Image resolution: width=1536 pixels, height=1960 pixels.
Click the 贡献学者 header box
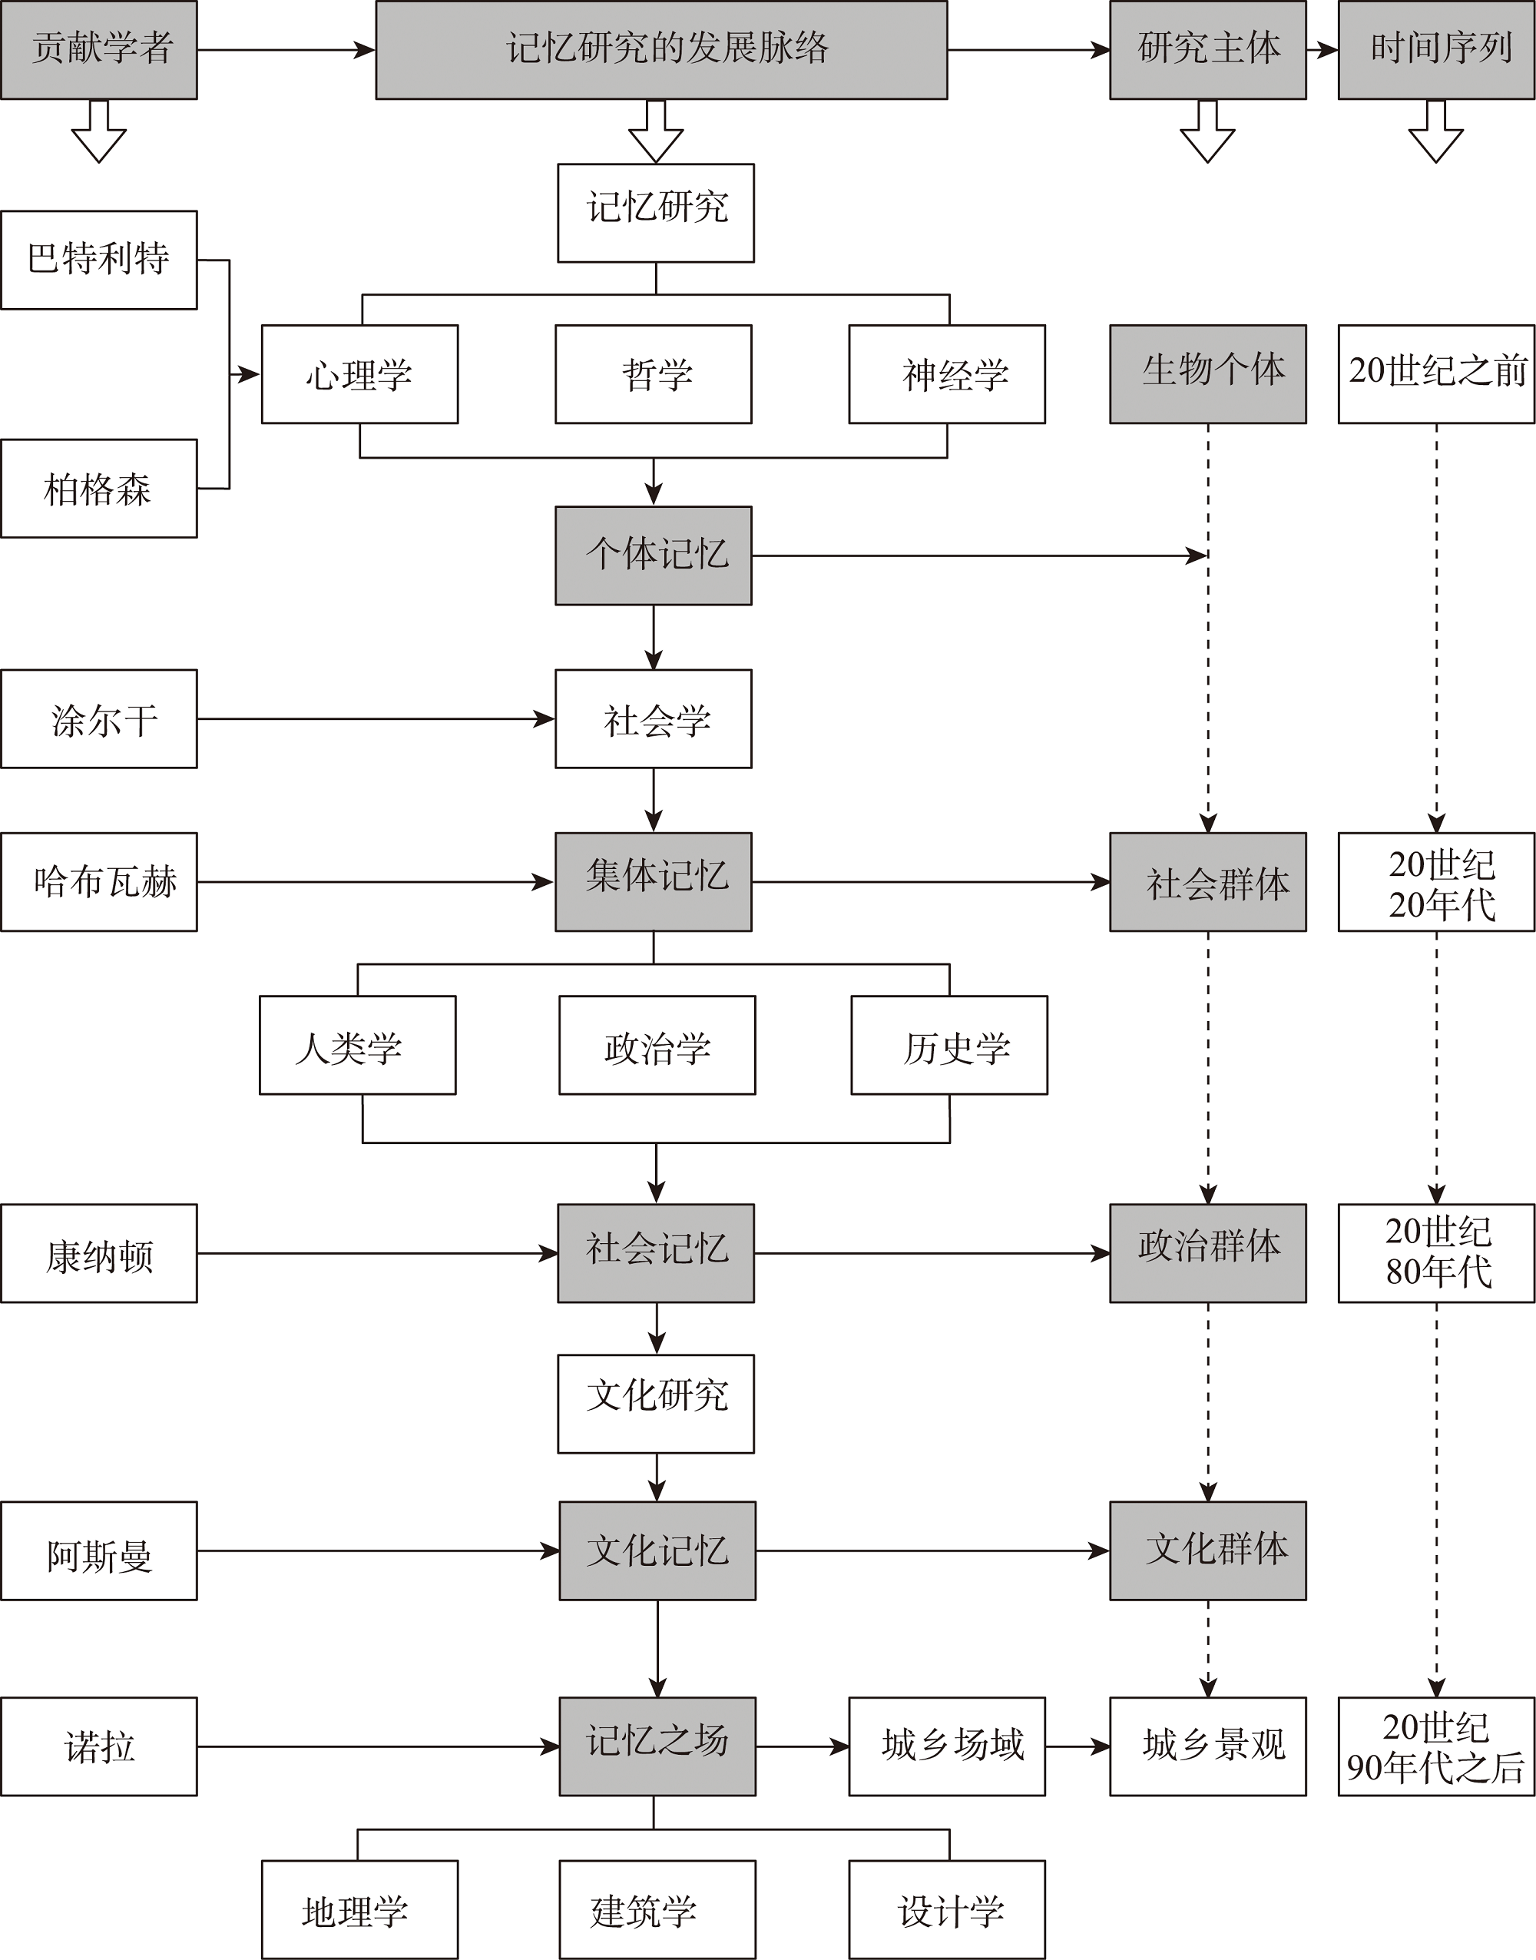pos(99,49)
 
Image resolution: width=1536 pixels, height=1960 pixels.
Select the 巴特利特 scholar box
pos(99,260)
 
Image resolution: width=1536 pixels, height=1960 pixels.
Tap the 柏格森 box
pos(99,489)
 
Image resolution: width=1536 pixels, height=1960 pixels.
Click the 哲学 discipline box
pos(654,374)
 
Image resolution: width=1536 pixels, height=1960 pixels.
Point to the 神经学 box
pos(947,374)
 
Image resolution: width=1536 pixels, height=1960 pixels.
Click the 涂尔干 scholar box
pos(99,718)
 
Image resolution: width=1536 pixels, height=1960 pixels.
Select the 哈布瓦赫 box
pos(99,881)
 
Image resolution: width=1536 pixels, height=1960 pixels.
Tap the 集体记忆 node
pos(654,881)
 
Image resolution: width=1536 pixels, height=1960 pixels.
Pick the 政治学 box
pos(657,1045)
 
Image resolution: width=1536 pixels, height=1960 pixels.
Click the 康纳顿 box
pos(99,1253)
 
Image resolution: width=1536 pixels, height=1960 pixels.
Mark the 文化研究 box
pos(657,1404)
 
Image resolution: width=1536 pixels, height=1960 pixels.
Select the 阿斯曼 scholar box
pos(99,1550)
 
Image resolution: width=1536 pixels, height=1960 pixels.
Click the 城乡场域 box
pos(947,1747)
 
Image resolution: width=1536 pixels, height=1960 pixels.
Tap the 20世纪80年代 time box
pos(1436,1253)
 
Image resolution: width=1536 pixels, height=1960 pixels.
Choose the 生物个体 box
pos(1208,374)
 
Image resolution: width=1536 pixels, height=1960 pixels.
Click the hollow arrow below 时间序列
pos(1436,131)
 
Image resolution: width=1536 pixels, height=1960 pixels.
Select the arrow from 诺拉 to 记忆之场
pos(379,1747)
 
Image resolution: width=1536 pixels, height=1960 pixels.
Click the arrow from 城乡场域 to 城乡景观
pos(1078,1747)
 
